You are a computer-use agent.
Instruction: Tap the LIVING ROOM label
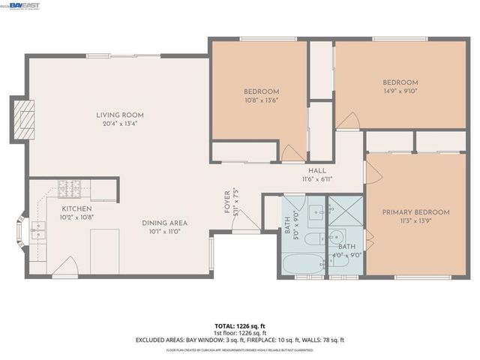pyautogui.click(x=120, y=115)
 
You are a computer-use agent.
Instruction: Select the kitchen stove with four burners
pyautogui.click(x=71, y=187)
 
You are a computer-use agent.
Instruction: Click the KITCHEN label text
pyautogui.click(x=76, y=208)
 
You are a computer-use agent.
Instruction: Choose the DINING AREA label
pyautogui.click(x=165, y=223)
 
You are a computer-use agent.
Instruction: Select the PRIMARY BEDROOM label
pyautogui.click(x=415, y=212)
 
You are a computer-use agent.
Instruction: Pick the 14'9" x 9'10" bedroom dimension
pyautogui.click(x=400, y=91)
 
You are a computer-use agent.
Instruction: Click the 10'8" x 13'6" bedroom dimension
pyautogui.click(x=262, y=100)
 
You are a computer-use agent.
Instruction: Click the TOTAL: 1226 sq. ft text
pyautogui.click(x=240, y=325)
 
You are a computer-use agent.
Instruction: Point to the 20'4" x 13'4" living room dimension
pyautogui.click(x=120, y=124)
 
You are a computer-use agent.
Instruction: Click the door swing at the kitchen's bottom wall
pyautogui.click(x=66, y=266)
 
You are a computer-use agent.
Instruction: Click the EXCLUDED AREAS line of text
pyautogui.click(x=240, y=340)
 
